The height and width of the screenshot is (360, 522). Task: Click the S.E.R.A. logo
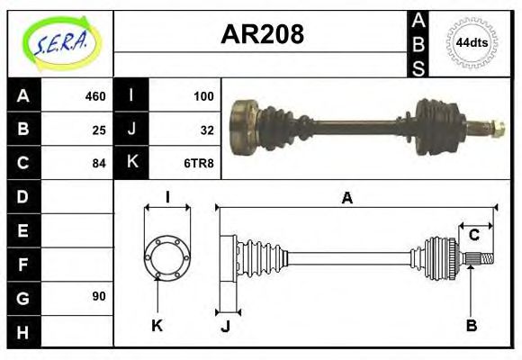point(59,42)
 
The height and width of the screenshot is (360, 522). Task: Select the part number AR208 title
point(262,35)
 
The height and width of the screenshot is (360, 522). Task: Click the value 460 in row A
point(95,96)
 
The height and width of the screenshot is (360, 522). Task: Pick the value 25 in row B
point(99,130)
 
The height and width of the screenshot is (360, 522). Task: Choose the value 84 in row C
point(99,163)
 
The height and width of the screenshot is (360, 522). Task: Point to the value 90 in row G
point(99,296)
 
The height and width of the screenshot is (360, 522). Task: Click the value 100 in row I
point(203,96)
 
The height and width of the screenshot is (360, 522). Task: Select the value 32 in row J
point(207,130)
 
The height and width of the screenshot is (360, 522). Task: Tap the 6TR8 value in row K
point(201,163)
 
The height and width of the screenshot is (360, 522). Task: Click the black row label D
point(23,196)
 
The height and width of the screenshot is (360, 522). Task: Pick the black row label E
point(23,229)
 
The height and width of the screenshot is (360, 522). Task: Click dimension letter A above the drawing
point(346,199)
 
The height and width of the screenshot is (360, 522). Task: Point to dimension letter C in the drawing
point(472,236)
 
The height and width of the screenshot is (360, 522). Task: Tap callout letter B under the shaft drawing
point(471,326)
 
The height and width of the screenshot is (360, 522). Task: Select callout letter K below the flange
point(157,326)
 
